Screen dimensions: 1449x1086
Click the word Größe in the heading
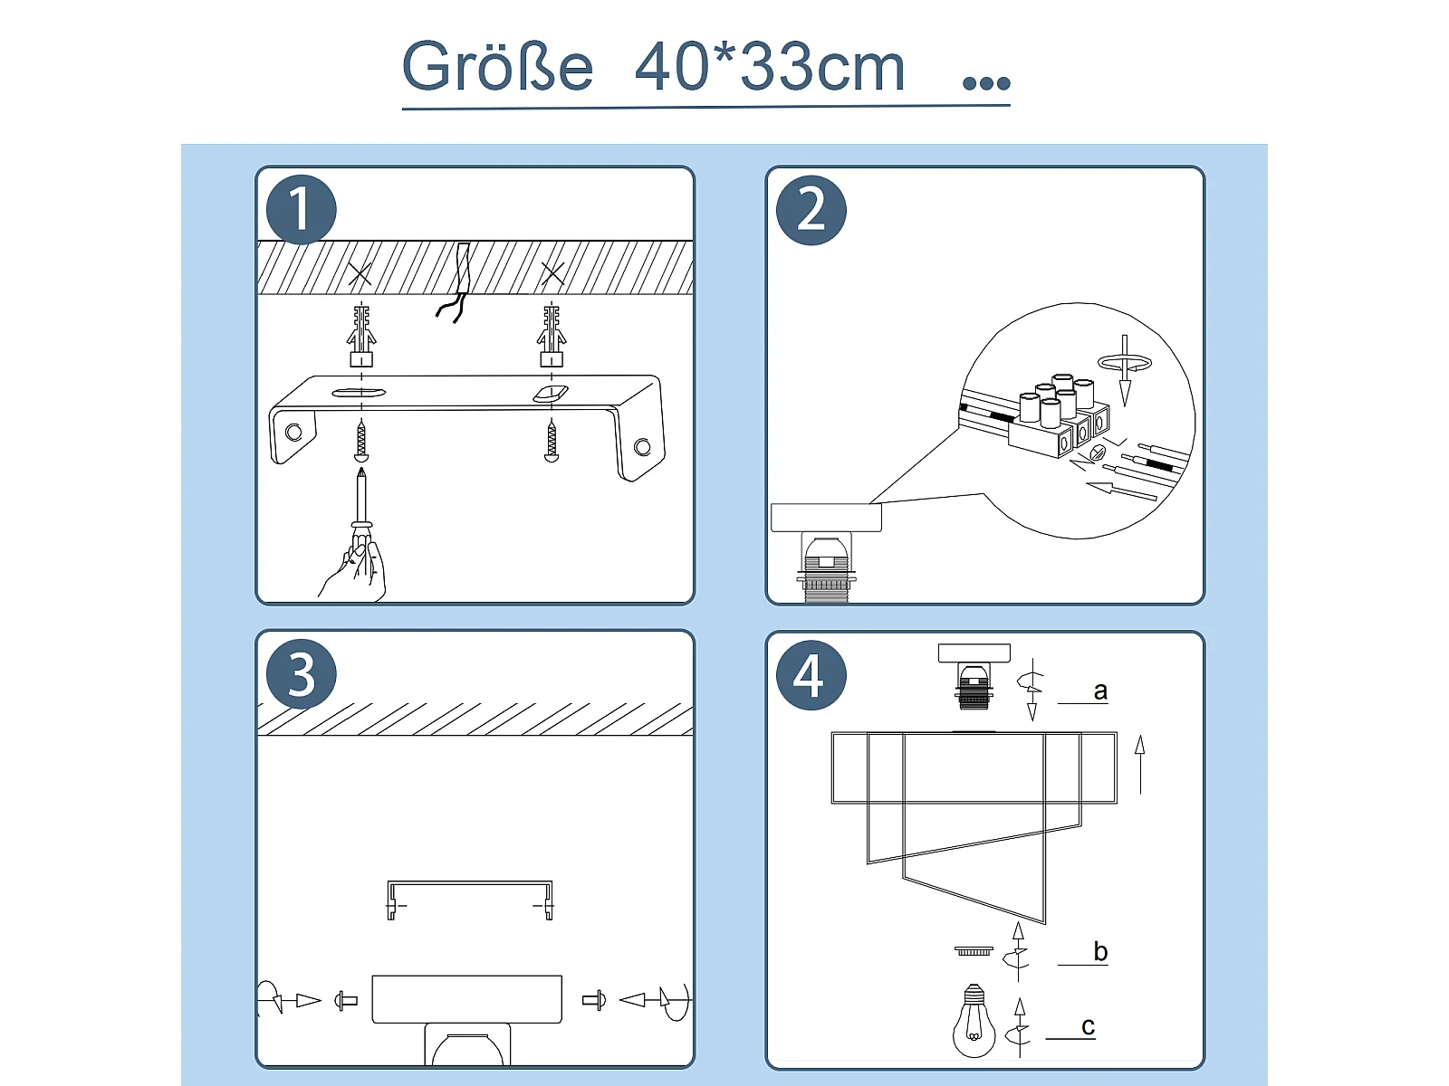coord(498,67)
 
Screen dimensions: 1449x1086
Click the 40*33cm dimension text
coord(770,67)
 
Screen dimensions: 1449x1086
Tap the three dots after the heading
coord(986,82)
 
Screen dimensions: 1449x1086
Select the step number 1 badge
coord(301,210)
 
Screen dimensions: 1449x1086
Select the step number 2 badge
coord(811,210)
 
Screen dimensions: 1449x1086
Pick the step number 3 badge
coord(301,674)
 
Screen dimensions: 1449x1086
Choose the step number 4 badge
coord(811,675)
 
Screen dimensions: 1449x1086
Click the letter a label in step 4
coord(1099,691)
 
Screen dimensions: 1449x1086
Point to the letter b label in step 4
coord(1099,951)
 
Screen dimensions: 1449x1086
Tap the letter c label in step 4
coord(1089,1026)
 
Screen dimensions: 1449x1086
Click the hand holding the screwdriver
coord(353,569)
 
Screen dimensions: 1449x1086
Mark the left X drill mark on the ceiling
coord(360,273)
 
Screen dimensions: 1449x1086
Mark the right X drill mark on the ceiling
coord(552,273)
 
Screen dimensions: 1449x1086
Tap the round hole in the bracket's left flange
coord(293,433)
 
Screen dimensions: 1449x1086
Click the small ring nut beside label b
coord(974,950)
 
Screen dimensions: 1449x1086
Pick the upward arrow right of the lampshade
coord(1140,765)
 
